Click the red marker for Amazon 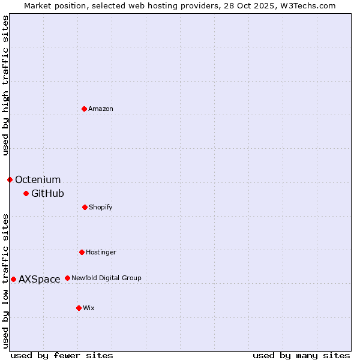click(x=84, y=109)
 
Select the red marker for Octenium click(x=10, y=179)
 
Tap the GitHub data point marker click(x=26, y=193)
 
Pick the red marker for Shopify click(x=85, y=207)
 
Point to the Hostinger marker click(x=82, y=252)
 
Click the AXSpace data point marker click(x=13, y=279)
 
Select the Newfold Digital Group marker click(x=67, y=278)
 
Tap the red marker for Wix click(x=79, y=308)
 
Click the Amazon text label click(x=101, y=109)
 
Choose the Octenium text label click(x=38, y=179)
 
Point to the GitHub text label click(x=47, y=193)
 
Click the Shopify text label click(x=101, y=207)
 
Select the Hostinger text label click(x=101, y=252)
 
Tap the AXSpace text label click(x=40, y=279)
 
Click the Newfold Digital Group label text click(x=106, y=278)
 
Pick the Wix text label click(x=89, y=308)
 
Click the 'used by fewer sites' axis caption click(x=62, y=355)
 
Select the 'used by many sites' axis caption click(x=301, y=355)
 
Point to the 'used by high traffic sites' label click(x=5, y=85)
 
